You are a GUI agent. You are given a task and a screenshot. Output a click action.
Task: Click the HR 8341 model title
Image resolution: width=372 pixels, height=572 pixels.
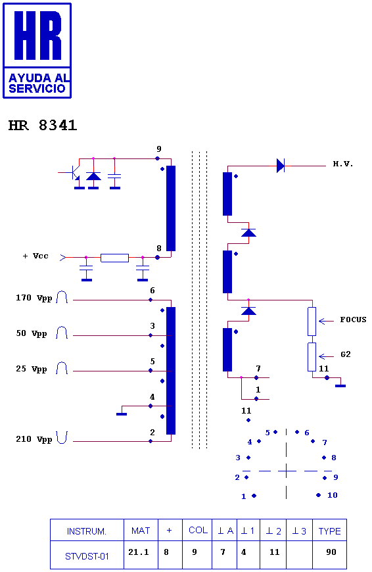pyautogui.click(x=43, y=125)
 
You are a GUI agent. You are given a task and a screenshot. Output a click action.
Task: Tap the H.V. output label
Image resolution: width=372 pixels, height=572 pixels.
pyautogui.click(x=343, y=164)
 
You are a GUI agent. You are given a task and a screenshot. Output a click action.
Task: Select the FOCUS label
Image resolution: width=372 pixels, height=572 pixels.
pyautogui.click(x=353, y=320)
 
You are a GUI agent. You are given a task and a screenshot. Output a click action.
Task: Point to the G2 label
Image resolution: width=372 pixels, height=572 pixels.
pyautogui.click(x=345, y=354)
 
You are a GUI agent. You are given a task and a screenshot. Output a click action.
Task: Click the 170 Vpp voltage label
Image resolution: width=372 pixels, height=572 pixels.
pyautogui.click(x=34, y=298)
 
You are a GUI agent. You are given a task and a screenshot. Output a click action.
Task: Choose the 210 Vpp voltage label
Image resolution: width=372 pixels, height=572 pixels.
pyautogui.click(x=34, y=439)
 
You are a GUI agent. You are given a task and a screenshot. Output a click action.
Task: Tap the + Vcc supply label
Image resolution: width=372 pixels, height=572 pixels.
pyautogui.click(x=35, y=256)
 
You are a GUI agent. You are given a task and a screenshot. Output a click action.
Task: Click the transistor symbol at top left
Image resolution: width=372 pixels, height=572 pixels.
pyautogui.click(x=76, y=174)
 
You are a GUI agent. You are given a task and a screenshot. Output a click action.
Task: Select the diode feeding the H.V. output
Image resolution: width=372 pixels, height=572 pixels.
pyautogui.click(x=280, y=166)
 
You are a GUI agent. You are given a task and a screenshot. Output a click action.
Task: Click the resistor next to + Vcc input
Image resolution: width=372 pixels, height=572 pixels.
pyautogui.click(x=114, y=258)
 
